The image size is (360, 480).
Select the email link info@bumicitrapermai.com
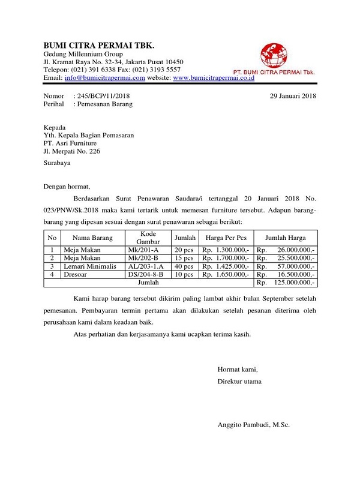click(105, 78)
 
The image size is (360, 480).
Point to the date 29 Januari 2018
click(293, 95)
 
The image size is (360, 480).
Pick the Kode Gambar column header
click(148, 238)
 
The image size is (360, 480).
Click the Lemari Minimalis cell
click(92, 266)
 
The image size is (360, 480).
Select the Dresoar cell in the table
click(77, 274)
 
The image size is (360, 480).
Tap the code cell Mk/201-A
click(143, 250)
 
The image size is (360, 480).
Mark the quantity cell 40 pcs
click(184, 266)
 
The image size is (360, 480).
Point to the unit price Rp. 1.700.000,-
click(225, 258)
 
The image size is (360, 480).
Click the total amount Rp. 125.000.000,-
click(286, 282)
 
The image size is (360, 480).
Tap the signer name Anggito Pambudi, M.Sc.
click(253, 425)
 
